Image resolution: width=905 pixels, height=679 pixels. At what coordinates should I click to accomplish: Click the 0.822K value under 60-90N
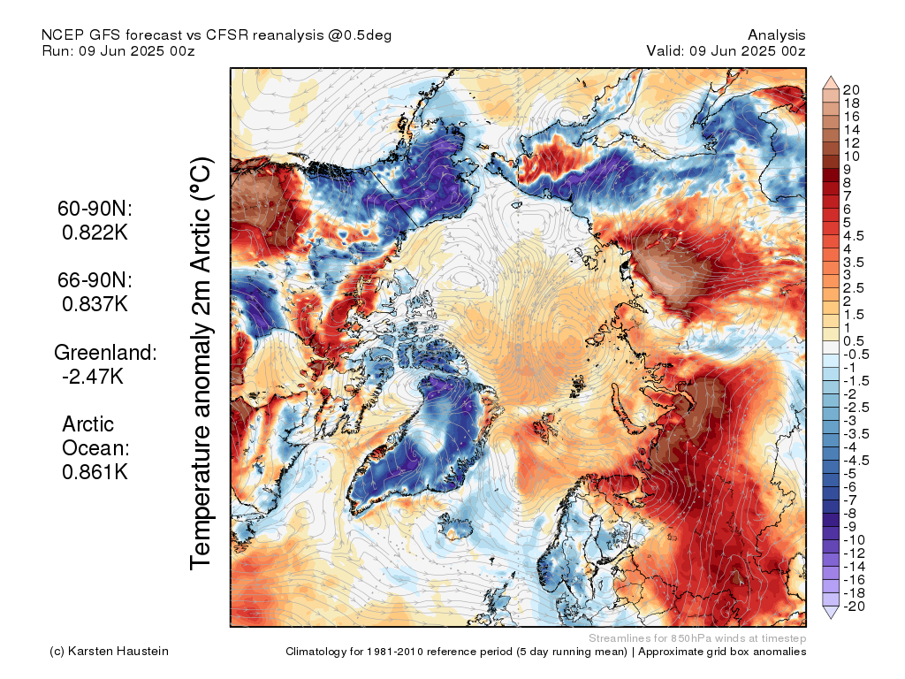(95, 233)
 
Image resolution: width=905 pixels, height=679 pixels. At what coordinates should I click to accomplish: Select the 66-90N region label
(95, 280)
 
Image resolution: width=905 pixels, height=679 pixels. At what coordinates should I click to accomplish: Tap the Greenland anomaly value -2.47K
(93, 377)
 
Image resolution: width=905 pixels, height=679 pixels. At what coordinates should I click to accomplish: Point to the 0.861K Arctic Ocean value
(95, 472)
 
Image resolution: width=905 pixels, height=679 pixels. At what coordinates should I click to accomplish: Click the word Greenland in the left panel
(104, 352)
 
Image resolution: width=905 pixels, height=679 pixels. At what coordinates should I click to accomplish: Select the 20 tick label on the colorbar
(851, 90)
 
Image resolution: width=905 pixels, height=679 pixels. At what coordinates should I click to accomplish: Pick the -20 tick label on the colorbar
(854, 607)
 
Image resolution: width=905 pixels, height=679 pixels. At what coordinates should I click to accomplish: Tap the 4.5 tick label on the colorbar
(854, 236)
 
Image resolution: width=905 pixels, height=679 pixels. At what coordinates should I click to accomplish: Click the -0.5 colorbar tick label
(856, 355)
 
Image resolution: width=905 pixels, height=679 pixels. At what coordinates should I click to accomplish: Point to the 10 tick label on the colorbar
(851, 156)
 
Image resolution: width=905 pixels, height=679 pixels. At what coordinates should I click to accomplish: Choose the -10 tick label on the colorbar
(854, 540)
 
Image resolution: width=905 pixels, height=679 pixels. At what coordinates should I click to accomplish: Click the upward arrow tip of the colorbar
(831, 76)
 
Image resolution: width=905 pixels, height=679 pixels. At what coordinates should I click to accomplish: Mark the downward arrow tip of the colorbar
(831, 618)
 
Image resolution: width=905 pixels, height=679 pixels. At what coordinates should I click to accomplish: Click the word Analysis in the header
(776, 35)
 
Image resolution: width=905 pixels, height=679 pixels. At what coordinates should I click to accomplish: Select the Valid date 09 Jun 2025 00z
(748, 50)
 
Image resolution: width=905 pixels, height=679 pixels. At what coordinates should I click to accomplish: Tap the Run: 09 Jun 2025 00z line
(118, 50)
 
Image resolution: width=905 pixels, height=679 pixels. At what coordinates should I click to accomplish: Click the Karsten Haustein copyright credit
(109, 652)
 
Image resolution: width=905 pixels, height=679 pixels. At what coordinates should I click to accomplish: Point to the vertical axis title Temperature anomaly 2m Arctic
(201, 363)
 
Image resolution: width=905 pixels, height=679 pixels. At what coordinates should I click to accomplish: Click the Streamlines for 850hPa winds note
(697, 638)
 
